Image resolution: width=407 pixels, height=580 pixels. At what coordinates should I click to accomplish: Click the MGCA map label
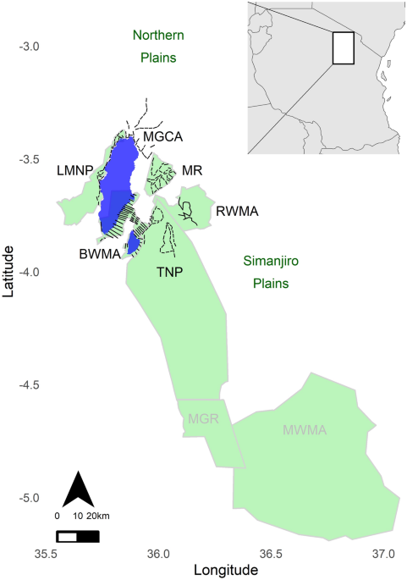(163, 136)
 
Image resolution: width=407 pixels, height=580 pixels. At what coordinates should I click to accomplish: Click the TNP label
(170, 273)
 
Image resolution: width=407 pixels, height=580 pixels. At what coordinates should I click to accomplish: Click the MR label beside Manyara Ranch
(191, 171)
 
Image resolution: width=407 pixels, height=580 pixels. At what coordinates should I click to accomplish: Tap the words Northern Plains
(158, 47)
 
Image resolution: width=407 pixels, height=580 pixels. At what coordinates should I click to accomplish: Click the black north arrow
(79, 489)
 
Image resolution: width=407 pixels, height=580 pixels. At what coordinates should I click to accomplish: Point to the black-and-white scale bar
(78, 535)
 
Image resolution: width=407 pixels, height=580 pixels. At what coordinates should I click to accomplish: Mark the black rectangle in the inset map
(343, 48)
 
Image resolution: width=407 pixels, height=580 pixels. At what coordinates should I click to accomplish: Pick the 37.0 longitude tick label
(383, 554)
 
